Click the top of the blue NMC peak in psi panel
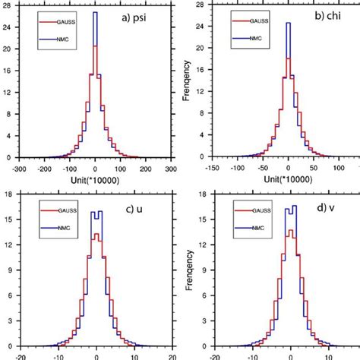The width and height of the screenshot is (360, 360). pos(94,13)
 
